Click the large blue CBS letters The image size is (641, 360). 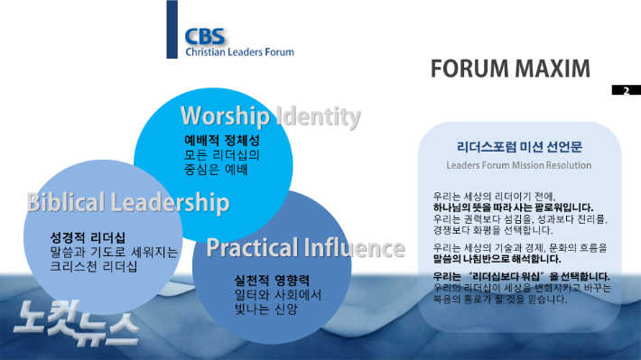(206, 35)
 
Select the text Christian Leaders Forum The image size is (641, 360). (239, 52)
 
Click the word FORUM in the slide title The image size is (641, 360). (473, 69)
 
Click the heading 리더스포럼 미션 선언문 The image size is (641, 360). (518, 145)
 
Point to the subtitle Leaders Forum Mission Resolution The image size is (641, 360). (518, 166)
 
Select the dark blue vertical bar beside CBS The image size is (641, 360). (172, 30)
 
